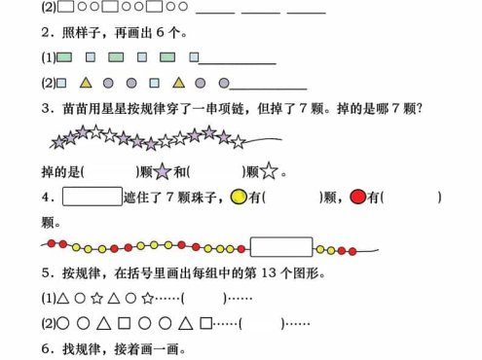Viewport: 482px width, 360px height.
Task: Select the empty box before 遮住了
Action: tap(92, 198)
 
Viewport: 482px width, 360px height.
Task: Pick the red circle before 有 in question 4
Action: tap(357, 198)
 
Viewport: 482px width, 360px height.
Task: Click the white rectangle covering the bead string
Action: tap(280, 246)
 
